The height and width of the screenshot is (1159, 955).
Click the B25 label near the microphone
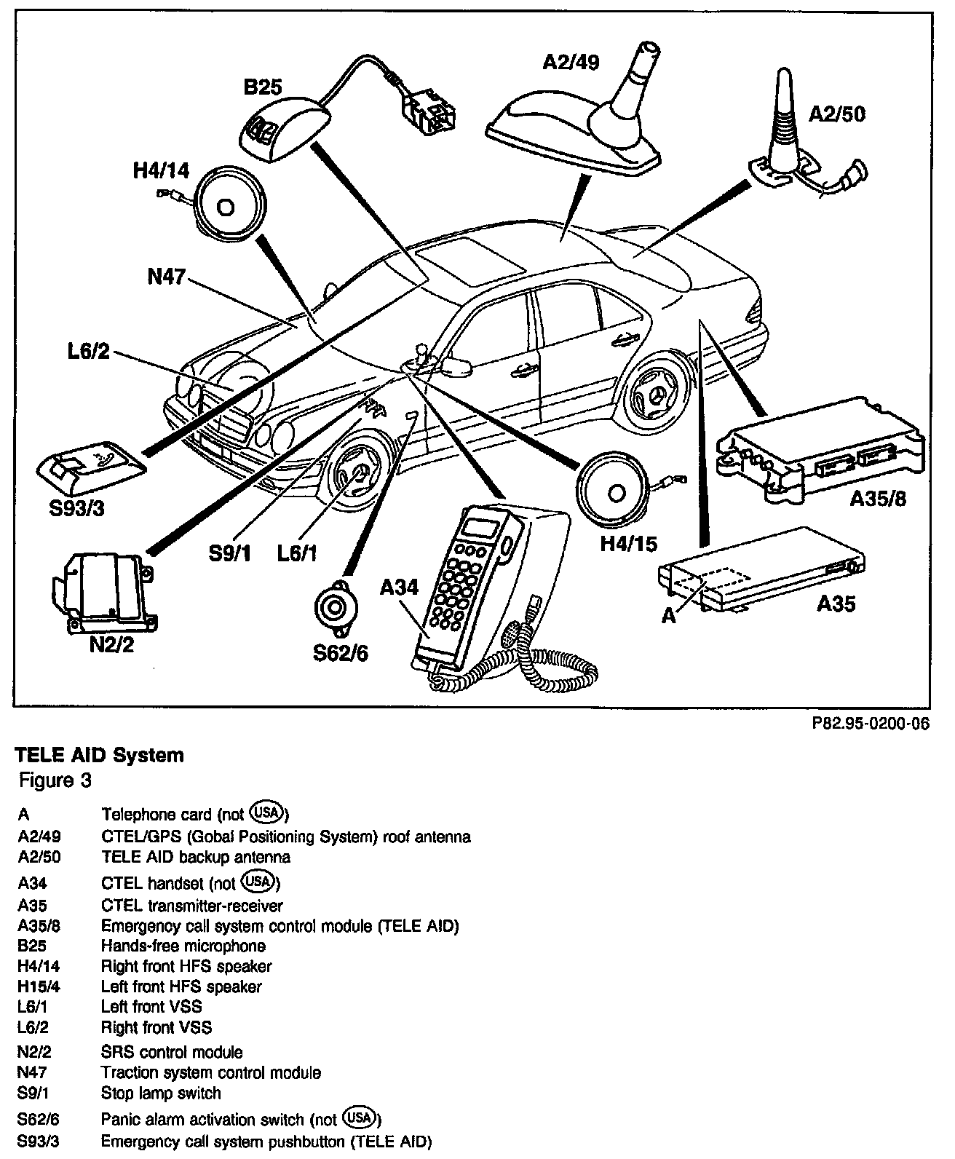[x=263, y=87]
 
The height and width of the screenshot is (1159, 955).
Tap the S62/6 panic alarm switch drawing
[x=336, y=609]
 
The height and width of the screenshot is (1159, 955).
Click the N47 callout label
[x=167, y=276]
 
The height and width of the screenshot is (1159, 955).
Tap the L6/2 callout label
[x=89, y=352]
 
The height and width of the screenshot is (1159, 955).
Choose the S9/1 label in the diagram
[x=230, y=553]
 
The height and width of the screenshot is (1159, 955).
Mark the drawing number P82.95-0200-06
[x=871, y=723]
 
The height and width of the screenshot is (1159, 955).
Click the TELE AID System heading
[x=99, y=756]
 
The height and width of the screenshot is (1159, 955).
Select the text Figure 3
[x=55, y=780]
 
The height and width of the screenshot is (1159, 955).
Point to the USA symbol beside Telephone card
[x=267, y=812]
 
